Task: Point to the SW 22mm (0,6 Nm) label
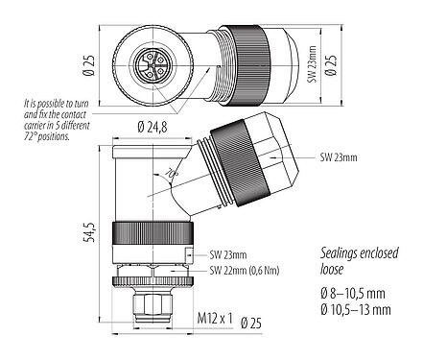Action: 251,271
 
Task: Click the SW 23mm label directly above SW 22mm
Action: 227,255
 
